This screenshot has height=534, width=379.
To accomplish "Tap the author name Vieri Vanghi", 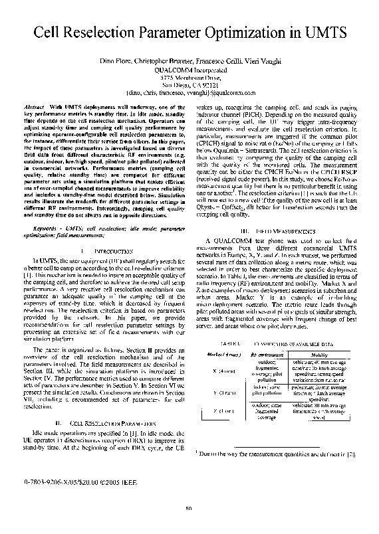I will point(259,59).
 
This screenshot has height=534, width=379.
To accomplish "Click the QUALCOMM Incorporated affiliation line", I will point(190,68).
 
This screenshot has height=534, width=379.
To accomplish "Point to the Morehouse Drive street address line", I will point(190,77).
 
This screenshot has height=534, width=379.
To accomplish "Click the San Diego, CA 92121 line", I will point(190,86).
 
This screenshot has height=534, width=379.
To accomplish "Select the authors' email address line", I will point(190,94).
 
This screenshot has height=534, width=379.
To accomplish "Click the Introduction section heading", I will point(97,251).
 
